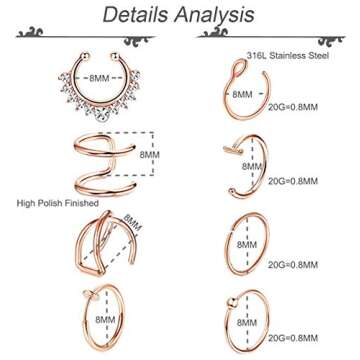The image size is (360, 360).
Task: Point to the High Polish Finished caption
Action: [x=56, y=202]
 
